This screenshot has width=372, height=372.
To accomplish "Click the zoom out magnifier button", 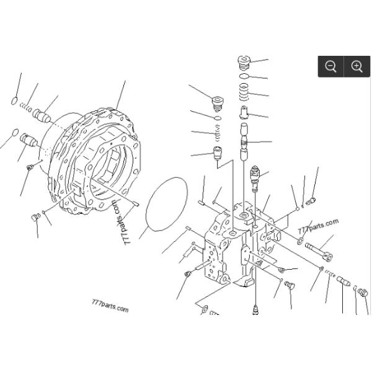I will pyautogui.click(x=330, y=66).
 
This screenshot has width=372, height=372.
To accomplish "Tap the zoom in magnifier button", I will pyautogui.click(x=356, y=66).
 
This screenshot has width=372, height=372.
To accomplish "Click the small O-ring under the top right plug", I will pyautogui.click(x=244, y=77).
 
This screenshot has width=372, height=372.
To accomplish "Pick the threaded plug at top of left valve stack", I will pyautogui.click(x=217, y=102).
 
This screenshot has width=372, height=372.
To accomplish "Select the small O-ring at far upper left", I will pyautogui.click(x=14, y=100).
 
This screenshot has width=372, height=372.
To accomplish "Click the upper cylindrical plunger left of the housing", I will pyautogui.click(x=43, y=115).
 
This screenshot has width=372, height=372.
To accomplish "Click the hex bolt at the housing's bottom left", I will pyautogui.click(x=35, y=217).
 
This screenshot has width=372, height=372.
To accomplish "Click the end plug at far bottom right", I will pyautogui.click(x=363, y=293).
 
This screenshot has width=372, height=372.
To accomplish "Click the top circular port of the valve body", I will pyautogui.click(x=243, y=215).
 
